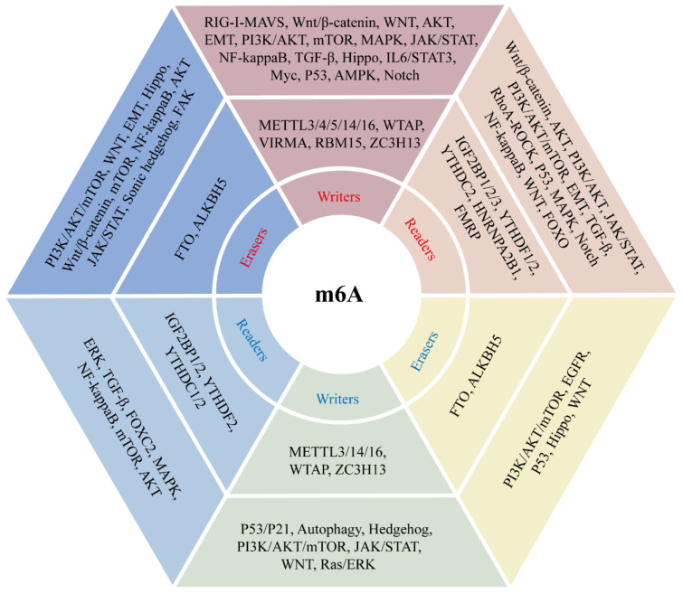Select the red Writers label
click(x=339, y=197)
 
